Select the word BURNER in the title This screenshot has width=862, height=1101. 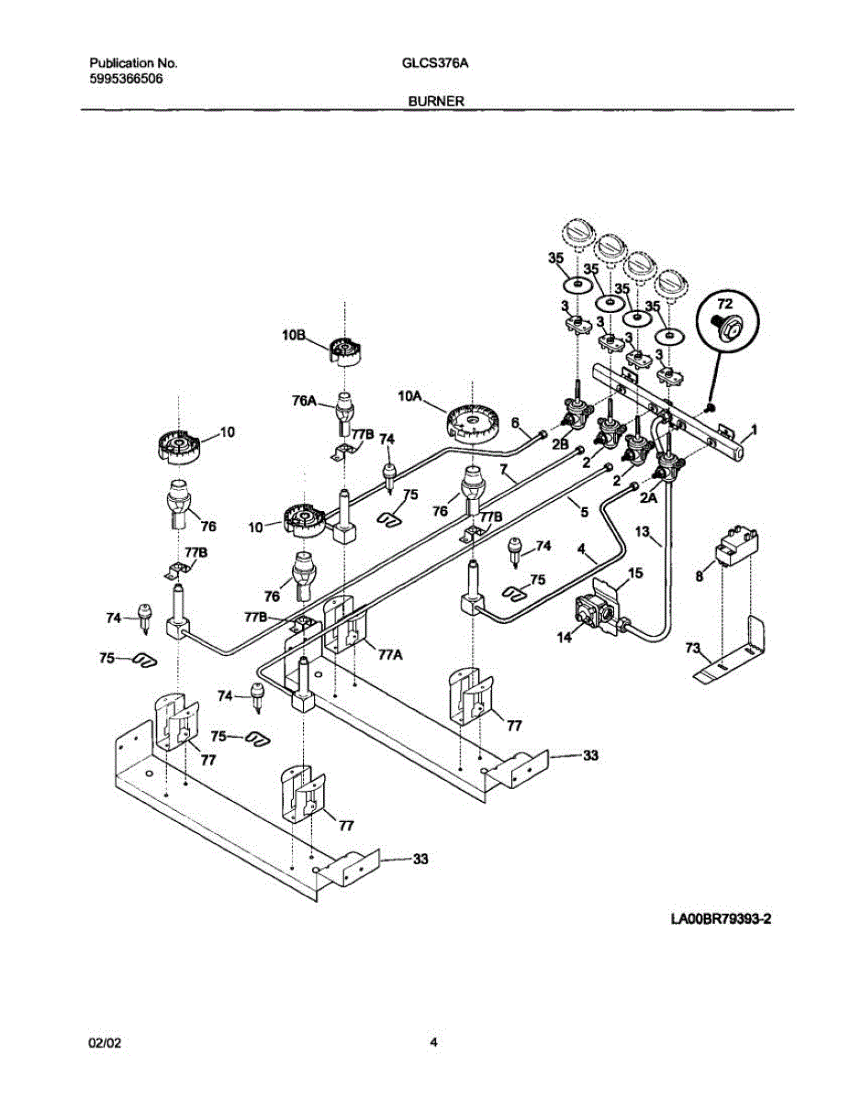tap(431, 103)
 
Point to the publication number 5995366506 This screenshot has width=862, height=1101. tap(128, 79)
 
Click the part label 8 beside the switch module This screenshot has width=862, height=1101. tap(700, 576)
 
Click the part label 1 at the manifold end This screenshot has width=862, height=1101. tap(755, 428)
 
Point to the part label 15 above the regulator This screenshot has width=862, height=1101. tap(635, 573)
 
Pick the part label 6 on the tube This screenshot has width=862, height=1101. tap(516, 422)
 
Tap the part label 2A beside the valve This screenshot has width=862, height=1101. tap(648, 498)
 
